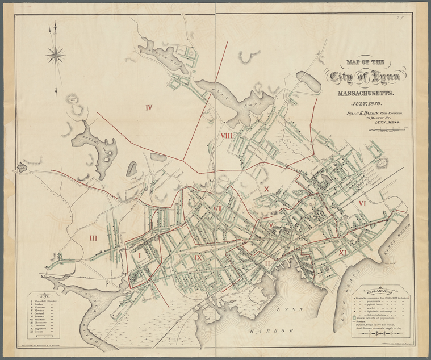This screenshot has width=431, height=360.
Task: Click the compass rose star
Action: coord(56,55)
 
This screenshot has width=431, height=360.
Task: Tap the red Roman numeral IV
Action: coord(149,107)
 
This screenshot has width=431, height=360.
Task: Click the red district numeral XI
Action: coord(342,252)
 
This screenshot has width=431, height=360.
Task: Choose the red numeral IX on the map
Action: coord(198,257)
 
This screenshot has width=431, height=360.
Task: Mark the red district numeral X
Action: coord(266,189)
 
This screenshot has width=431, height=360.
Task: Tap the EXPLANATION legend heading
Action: coord(377,283)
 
